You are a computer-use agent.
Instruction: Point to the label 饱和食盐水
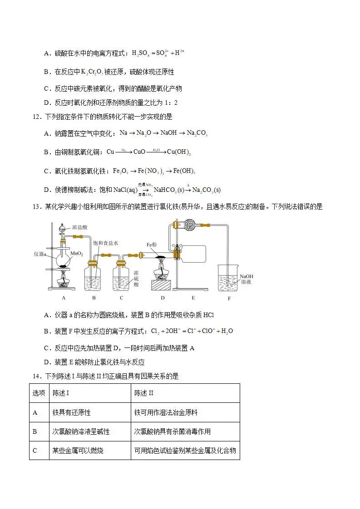[106, 243]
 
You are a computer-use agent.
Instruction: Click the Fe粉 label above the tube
[152, 245]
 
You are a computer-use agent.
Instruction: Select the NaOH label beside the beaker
[246, 276]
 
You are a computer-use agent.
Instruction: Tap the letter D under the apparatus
[163, 298]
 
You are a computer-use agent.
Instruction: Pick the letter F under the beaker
[230, 298]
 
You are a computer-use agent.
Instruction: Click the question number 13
[37, 207]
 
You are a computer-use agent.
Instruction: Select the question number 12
[37, 117]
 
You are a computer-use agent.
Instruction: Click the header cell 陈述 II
[144, 393]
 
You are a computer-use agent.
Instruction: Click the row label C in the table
[35, 450]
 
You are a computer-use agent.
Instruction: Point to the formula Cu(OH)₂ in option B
[179, 152]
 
